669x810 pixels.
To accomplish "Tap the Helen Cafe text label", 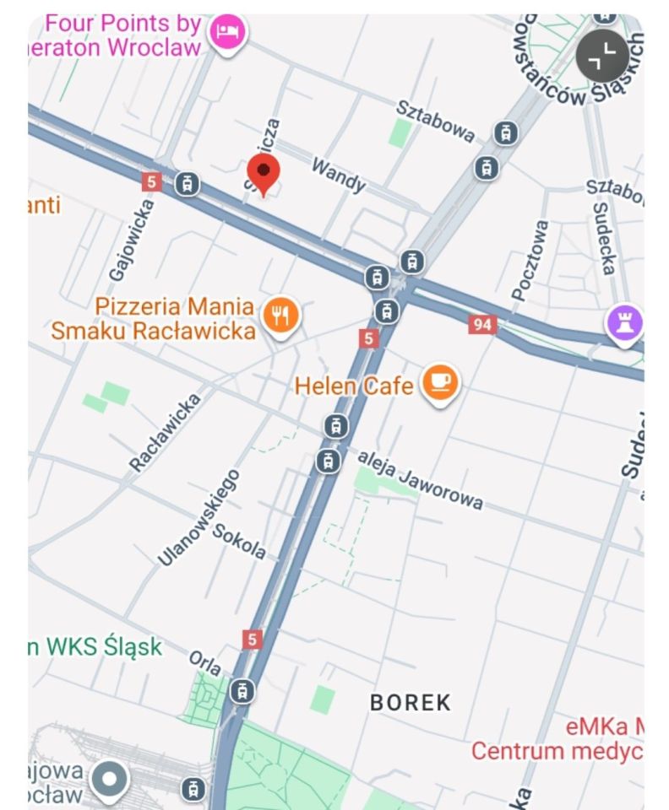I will (x=354, y=386).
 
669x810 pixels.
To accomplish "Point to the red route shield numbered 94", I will (x=481, y=324).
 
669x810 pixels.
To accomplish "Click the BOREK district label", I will (x=411, y=702).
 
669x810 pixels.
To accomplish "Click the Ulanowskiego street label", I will (x=199, y=517).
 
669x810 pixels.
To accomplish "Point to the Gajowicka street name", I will (x=133, y=240).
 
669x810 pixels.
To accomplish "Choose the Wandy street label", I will (x=338, y=175).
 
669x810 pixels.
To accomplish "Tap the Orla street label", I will (x=205, y=663).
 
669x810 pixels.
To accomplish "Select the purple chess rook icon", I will (x=624, y=323).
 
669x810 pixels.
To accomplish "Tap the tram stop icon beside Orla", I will (x=242, y=690).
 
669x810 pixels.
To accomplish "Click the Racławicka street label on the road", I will (x=166, y=432).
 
